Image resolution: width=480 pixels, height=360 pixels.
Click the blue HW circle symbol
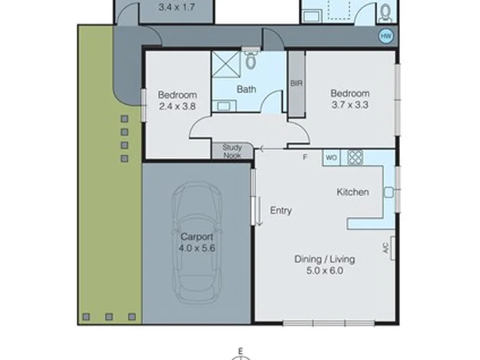385,36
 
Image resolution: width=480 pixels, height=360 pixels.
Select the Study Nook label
232,151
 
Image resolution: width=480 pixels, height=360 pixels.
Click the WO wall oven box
331,158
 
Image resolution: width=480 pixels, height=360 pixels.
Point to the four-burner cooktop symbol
355,158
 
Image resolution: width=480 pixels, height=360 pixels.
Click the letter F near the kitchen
305,157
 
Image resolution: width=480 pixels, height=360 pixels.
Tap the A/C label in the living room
385,248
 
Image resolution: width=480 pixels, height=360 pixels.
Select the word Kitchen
352,192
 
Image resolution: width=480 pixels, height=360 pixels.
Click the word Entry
281,211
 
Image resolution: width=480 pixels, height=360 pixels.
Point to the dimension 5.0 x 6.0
325,271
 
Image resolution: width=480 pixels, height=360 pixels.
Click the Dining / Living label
325,259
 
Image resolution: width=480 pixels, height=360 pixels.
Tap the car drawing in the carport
197,243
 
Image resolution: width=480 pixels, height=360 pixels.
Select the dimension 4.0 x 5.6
197,249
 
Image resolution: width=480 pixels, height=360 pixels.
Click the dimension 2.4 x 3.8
177,105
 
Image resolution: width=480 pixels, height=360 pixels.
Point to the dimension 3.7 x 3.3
350,104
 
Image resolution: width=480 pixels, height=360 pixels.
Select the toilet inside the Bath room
250,61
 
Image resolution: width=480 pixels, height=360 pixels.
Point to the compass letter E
243,350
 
